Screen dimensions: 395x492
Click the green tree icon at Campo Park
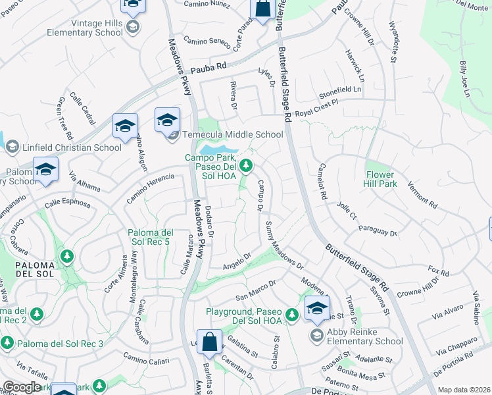[x=246, y=165]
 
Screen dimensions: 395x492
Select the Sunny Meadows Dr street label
[x=283, y=246]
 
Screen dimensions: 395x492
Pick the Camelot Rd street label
[x=323, y=182]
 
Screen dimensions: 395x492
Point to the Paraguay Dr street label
[x=378, y=231]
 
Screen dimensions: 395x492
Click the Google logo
[x=22, y=387]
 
